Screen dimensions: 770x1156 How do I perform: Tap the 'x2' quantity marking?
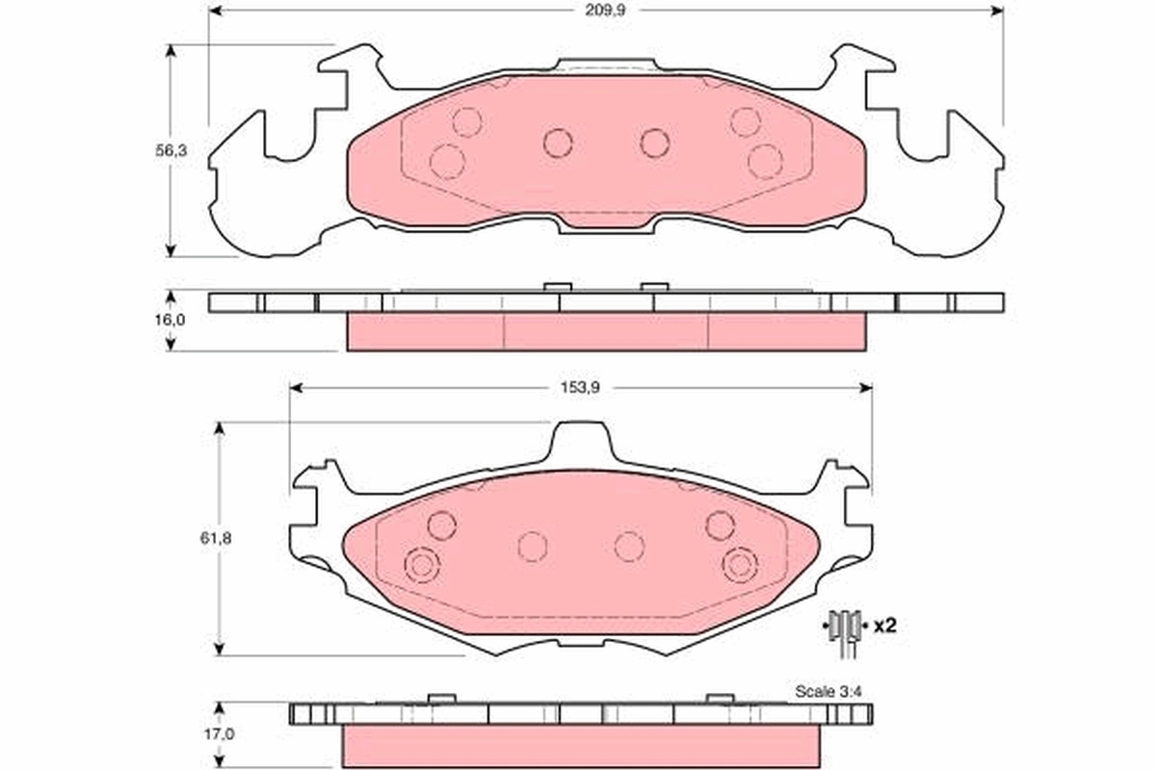[884, 626]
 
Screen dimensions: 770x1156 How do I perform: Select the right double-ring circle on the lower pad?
[741, 564]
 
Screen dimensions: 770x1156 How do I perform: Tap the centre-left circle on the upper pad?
[558, 143]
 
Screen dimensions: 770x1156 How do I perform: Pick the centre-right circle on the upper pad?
[655, 143]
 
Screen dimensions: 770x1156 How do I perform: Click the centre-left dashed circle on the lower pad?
[533, 547]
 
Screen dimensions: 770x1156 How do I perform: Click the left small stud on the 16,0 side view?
[558, 287]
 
